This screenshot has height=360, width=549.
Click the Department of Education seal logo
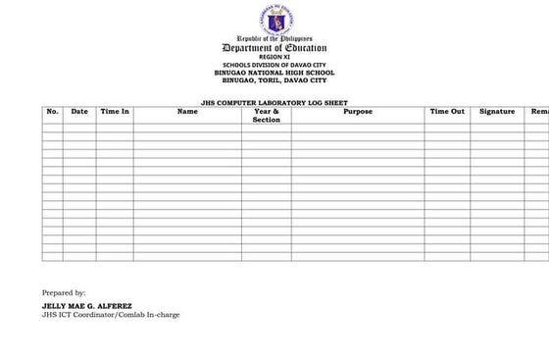tap(274, 19)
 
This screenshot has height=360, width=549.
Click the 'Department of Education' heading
tap(274, 48)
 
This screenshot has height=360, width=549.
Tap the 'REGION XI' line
tap(274, 57)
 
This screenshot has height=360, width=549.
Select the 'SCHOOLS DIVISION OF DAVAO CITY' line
tap(274, 65)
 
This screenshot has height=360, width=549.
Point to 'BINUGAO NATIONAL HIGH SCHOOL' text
tap(274, 72)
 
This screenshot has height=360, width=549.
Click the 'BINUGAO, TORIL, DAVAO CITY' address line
tap(274, 79)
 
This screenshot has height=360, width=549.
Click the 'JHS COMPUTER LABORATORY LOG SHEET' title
tap(274, 103)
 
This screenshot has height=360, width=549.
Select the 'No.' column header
tap(53, 112)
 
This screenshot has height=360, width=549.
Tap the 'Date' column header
tap(79, 112)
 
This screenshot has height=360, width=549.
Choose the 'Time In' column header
tap(115, 112)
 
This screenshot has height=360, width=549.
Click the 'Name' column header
tap(187, 112)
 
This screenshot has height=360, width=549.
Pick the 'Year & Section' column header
tap(266, 116)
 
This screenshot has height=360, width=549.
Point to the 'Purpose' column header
tap(358, 112)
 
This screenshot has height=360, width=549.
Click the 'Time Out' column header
tap(447, 112)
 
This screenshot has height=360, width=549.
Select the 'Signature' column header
tap(497, 112)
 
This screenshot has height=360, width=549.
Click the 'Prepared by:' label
tap(64, 292)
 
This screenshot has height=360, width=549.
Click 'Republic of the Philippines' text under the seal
tap(274, 38)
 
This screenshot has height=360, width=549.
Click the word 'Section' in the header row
tap(266, 120)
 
